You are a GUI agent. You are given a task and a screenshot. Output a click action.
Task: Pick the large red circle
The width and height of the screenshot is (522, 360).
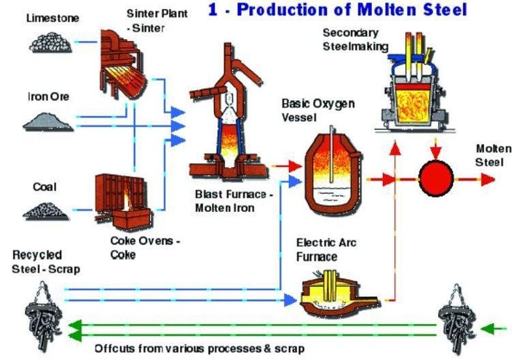[435, 178]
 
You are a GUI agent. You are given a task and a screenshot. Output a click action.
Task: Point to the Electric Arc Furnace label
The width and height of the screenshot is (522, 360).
[326, 250]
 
